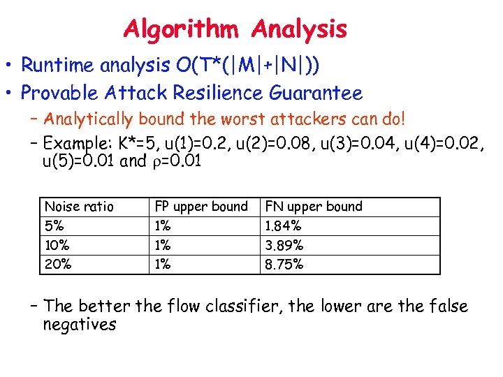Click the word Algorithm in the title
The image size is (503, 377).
(x=184, y=29)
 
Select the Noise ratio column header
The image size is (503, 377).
(x=79, y=207)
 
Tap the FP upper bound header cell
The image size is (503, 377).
(x=201, y=207)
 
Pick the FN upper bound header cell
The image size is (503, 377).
(x=314, y=207)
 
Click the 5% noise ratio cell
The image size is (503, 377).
(x=54, y=226)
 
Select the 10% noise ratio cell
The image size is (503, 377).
(x=57, y=246)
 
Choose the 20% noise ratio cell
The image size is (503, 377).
(x=57, y=265)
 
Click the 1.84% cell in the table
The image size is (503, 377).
(x=284, y=226)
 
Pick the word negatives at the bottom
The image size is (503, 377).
(x=79, y=325)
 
